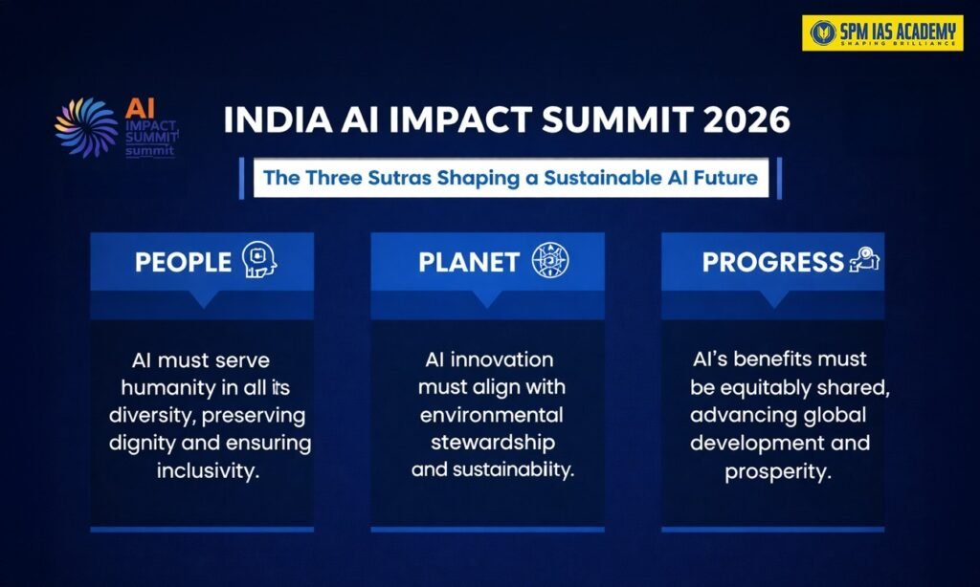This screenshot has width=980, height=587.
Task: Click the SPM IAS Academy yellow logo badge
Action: click(882, 33)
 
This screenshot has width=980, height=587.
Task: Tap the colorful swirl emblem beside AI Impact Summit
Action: click(86, 127)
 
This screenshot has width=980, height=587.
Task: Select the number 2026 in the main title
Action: click(746, 120)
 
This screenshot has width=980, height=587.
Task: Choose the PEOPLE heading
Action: click(183, 262)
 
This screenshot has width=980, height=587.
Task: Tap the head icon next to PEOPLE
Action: click(259, 259)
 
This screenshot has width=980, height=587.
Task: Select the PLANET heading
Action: click(469, 262)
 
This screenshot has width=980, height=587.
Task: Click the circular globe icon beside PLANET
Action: click(550, 260)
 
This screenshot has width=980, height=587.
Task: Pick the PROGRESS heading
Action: click(773, 262)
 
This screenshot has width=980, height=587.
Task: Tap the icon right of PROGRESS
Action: click(864, 259)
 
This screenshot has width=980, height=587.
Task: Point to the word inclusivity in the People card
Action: click(208, 470)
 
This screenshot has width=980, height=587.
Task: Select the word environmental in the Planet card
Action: click(491, 415)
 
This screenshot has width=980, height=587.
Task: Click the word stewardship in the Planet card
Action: click(493, 443)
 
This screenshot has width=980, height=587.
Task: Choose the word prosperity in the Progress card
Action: click(778, 471)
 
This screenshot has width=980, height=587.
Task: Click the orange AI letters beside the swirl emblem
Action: click(140, 108)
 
